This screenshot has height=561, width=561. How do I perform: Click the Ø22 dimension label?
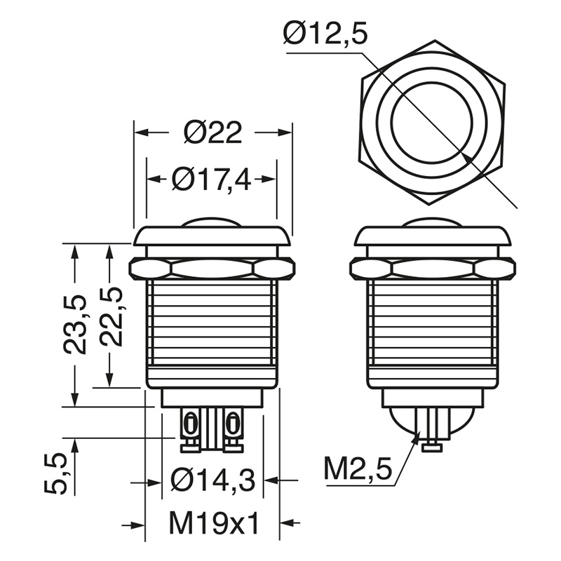[x=213, y=133]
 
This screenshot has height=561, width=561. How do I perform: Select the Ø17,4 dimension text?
[x=212, y=180]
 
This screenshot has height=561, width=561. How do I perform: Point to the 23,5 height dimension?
[x=75, y=325]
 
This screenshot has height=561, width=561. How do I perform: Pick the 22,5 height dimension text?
[x=111, y=316]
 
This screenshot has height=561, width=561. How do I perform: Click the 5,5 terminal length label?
[x=56, y=473]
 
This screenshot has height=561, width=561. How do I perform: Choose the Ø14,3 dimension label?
[x=213, y=480]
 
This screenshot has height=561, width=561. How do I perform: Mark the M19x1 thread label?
[x=214, y=524]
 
